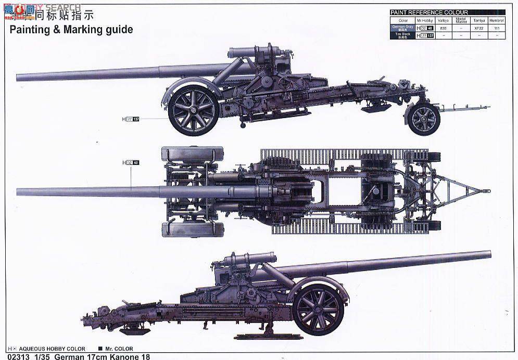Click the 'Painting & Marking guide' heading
[71, 30]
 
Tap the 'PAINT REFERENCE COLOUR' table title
[429, 12]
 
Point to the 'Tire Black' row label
[402, 35]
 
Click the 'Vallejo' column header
[443, 20]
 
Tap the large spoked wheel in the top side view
[194, 110]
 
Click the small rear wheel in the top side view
[423, 119]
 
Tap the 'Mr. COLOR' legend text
[119, 349]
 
